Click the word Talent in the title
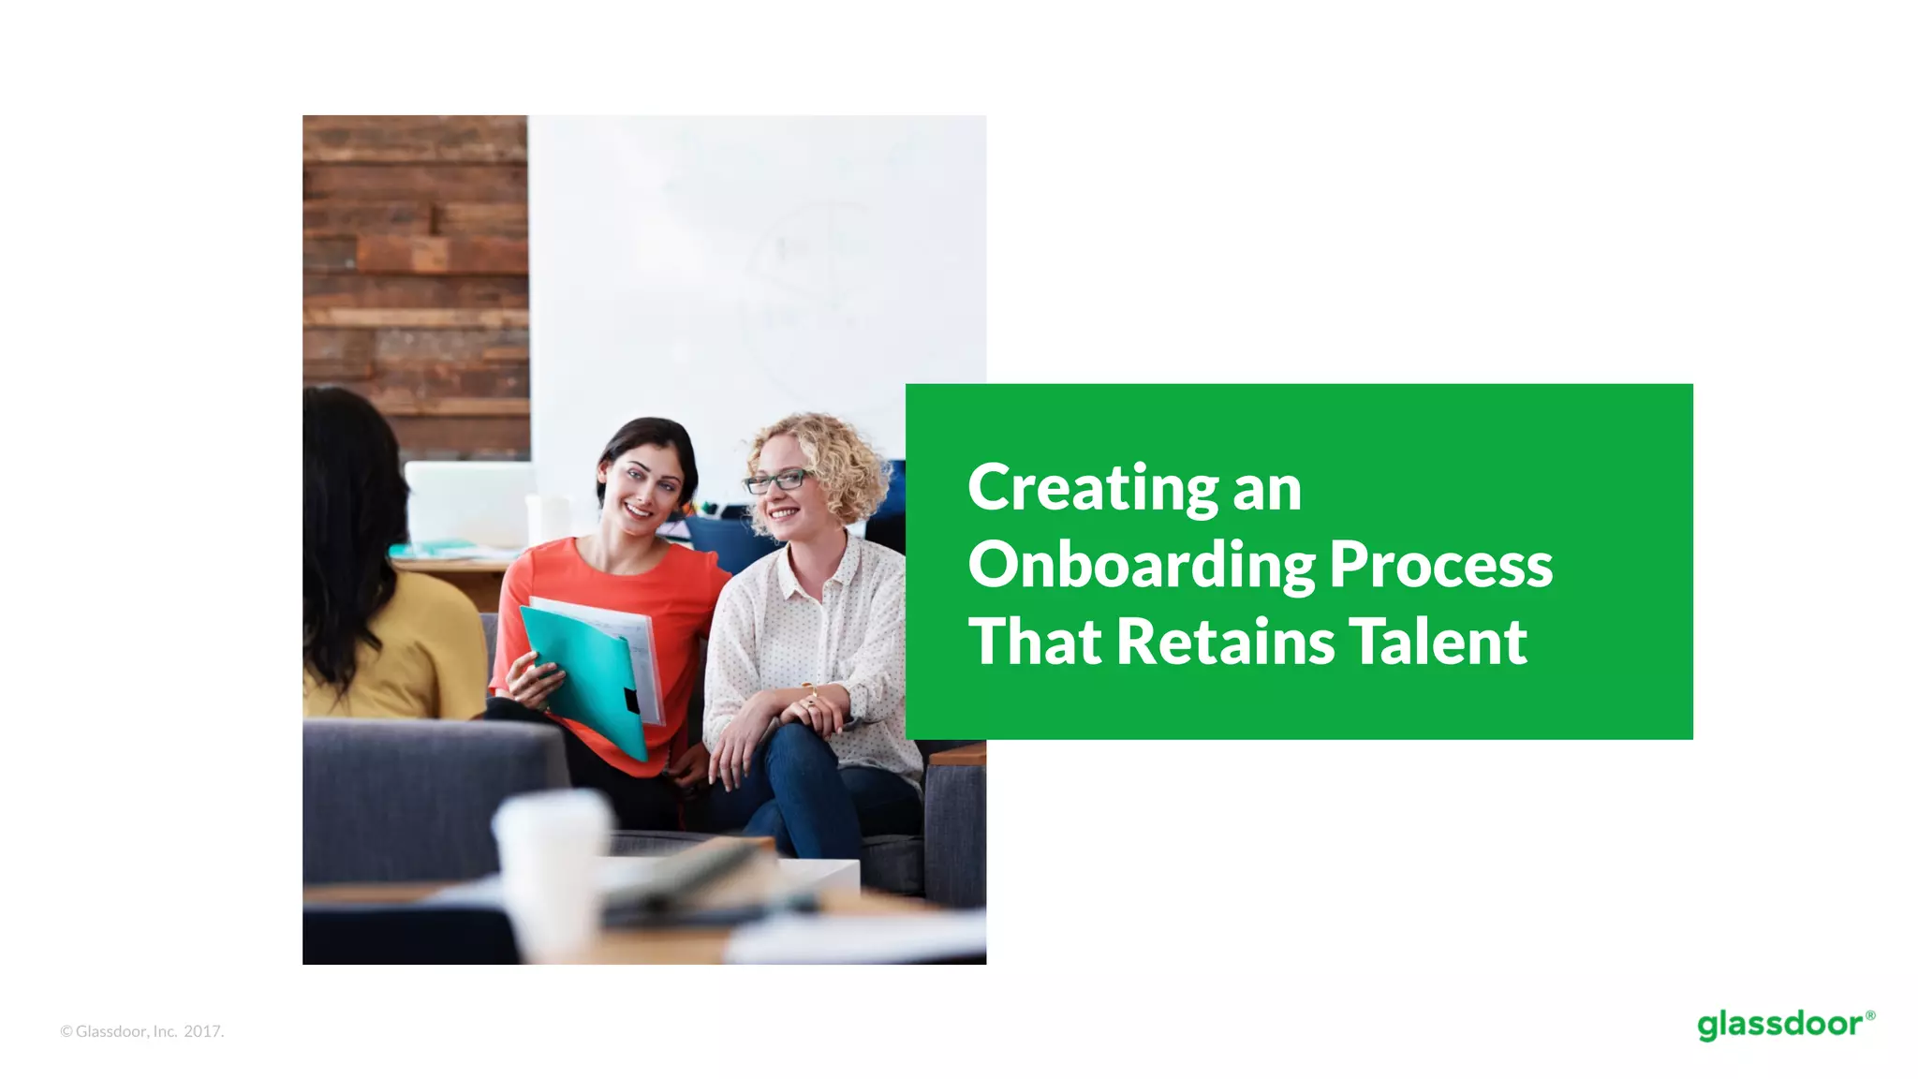pos(1437,643)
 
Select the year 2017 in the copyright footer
pos(202,1031)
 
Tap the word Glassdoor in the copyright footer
pos(111,1031)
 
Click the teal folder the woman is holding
pos(585,674)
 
